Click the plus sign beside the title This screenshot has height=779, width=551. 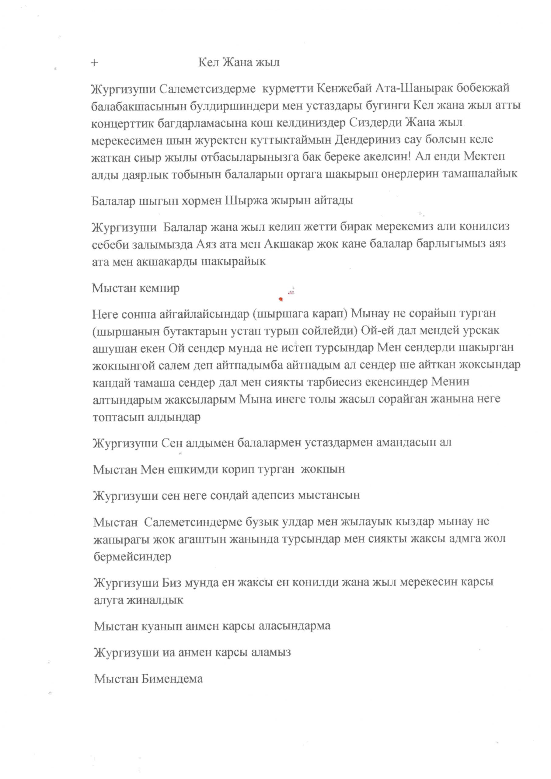(x=94, y=63)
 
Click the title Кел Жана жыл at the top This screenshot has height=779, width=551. (x=239, y=62)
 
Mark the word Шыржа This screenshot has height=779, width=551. (x=246, y=201)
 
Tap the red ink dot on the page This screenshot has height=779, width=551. (x=281, y=299)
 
